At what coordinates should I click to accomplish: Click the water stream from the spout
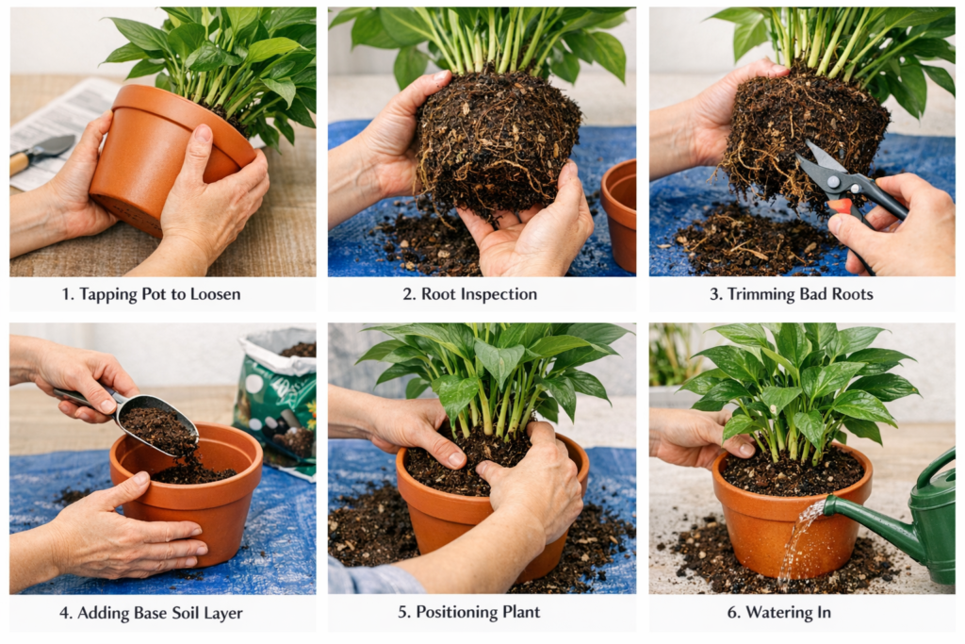coord(797,542)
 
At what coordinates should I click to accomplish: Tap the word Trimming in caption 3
coord(758,294)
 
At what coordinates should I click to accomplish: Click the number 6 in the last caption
coord(732,613)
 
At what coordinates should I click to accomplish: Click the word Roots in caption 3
coord(852,294)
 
